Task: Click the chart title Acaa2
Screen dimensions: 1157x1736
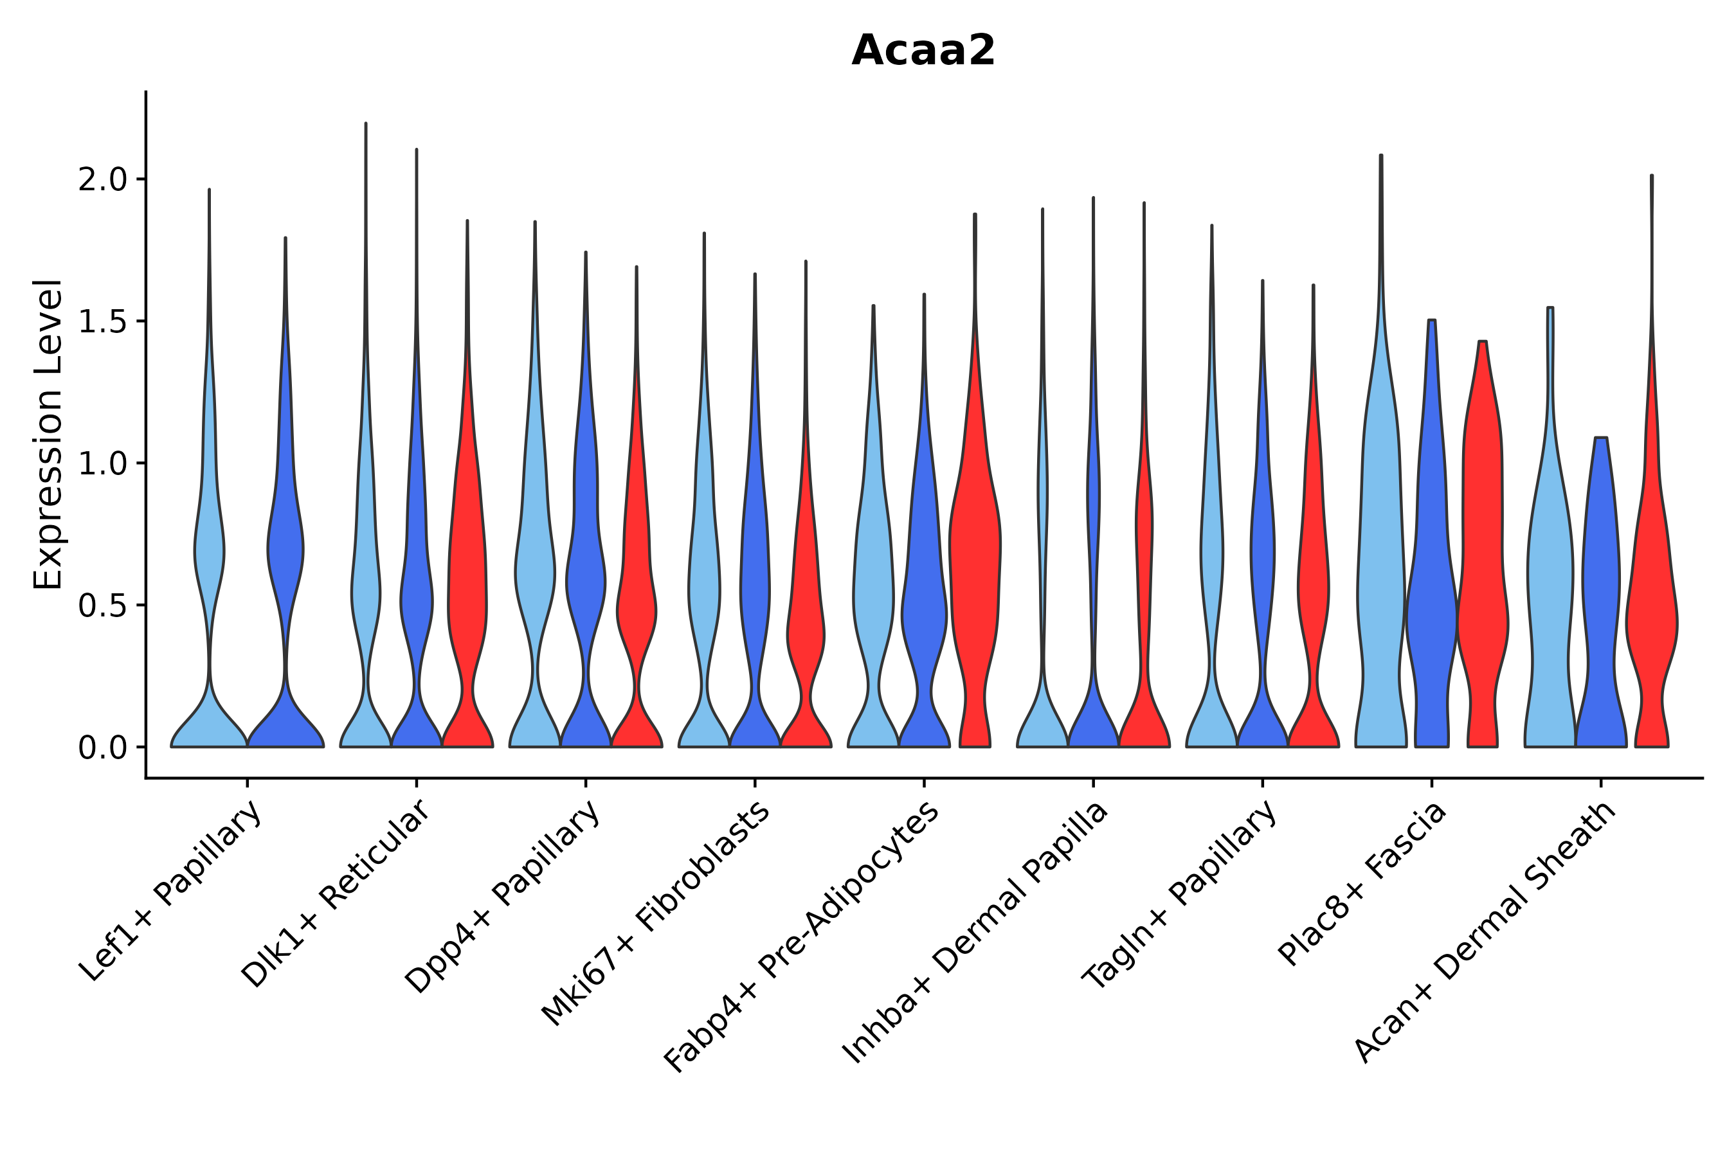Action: pos(923,51)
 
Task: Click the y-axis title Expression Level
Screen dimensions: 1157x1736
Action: pos(48,434)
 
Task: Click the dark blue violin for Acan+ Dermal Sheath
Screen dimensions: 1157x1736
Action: pos(1600,590)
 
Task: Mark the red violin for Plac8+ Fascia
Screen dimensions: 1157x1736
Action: pos(1482,590)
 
